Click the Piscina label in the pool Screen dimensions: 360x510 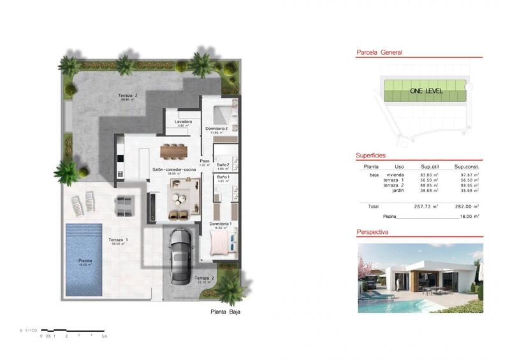(85, 261)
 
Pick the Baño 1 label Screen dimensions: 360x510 (222, 177)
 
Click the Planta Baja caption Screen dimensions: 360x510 (226, 312)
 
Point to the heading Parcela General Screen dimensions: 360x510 (379, 53)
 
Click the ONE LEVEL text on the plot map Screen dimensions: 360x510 (426, 90)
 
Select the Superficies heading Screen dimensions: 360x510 (370, 155)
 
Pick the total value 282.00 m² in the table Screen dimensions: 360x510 (467, 206)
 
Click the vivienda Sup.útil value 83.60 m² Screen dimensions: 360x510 (430, 175)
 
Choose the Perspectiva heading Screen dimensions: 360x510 (372, 233)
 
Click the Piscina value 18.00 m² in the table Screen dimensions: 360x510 (469, 217)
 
